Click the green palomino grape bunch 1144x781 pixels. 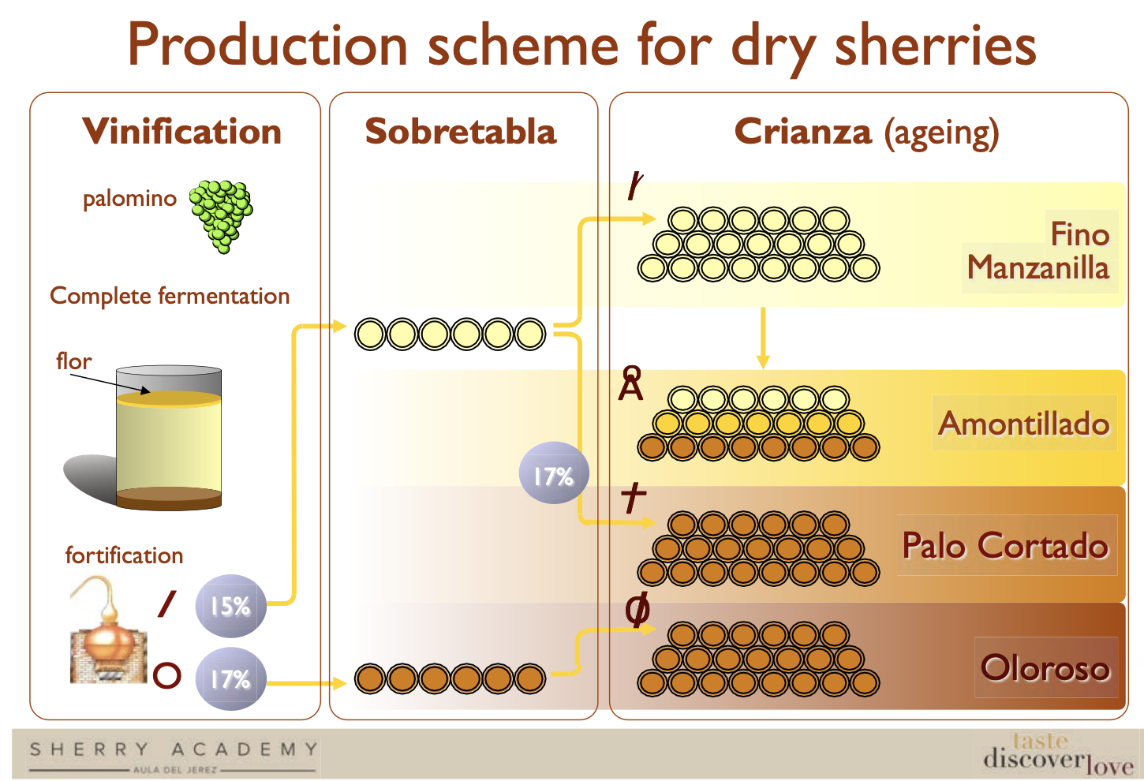click(221, 216)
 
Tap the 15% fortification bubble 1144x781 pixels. click(231, 606)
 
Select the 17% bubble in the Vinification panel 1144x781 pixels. click(231, 679)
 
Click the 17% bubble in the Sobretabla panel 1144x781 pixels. click(554, 473)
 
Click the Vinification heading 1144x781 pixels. click(181, 131)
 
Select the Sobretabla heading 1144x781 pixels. click(461, 131)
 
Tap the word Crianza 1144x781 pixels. click(803, 131)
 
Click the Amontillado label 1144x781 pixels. click(1024, 423)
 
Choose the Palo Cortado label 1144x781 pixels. click(1005, 545)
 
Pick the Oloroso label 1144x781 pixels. click(1045, 667)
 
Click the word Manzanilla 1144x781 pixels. click(1038, 267)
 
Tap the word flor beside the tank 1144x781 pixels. click(74, 361)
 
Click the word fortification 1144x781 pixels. click(124, 555)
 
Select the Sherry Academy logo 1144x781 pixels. click(174, 756)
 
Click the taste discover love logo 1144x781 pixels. click(1058, 755)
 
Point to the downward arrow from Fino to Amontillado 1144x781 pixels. click(763, 338)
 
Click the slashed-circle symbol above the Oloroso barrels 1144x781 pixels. click(637, 609)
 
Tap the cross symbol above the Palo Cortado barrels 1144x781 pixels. click(634, 497)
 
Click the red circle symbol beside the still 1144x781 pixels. click(167, 675)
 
